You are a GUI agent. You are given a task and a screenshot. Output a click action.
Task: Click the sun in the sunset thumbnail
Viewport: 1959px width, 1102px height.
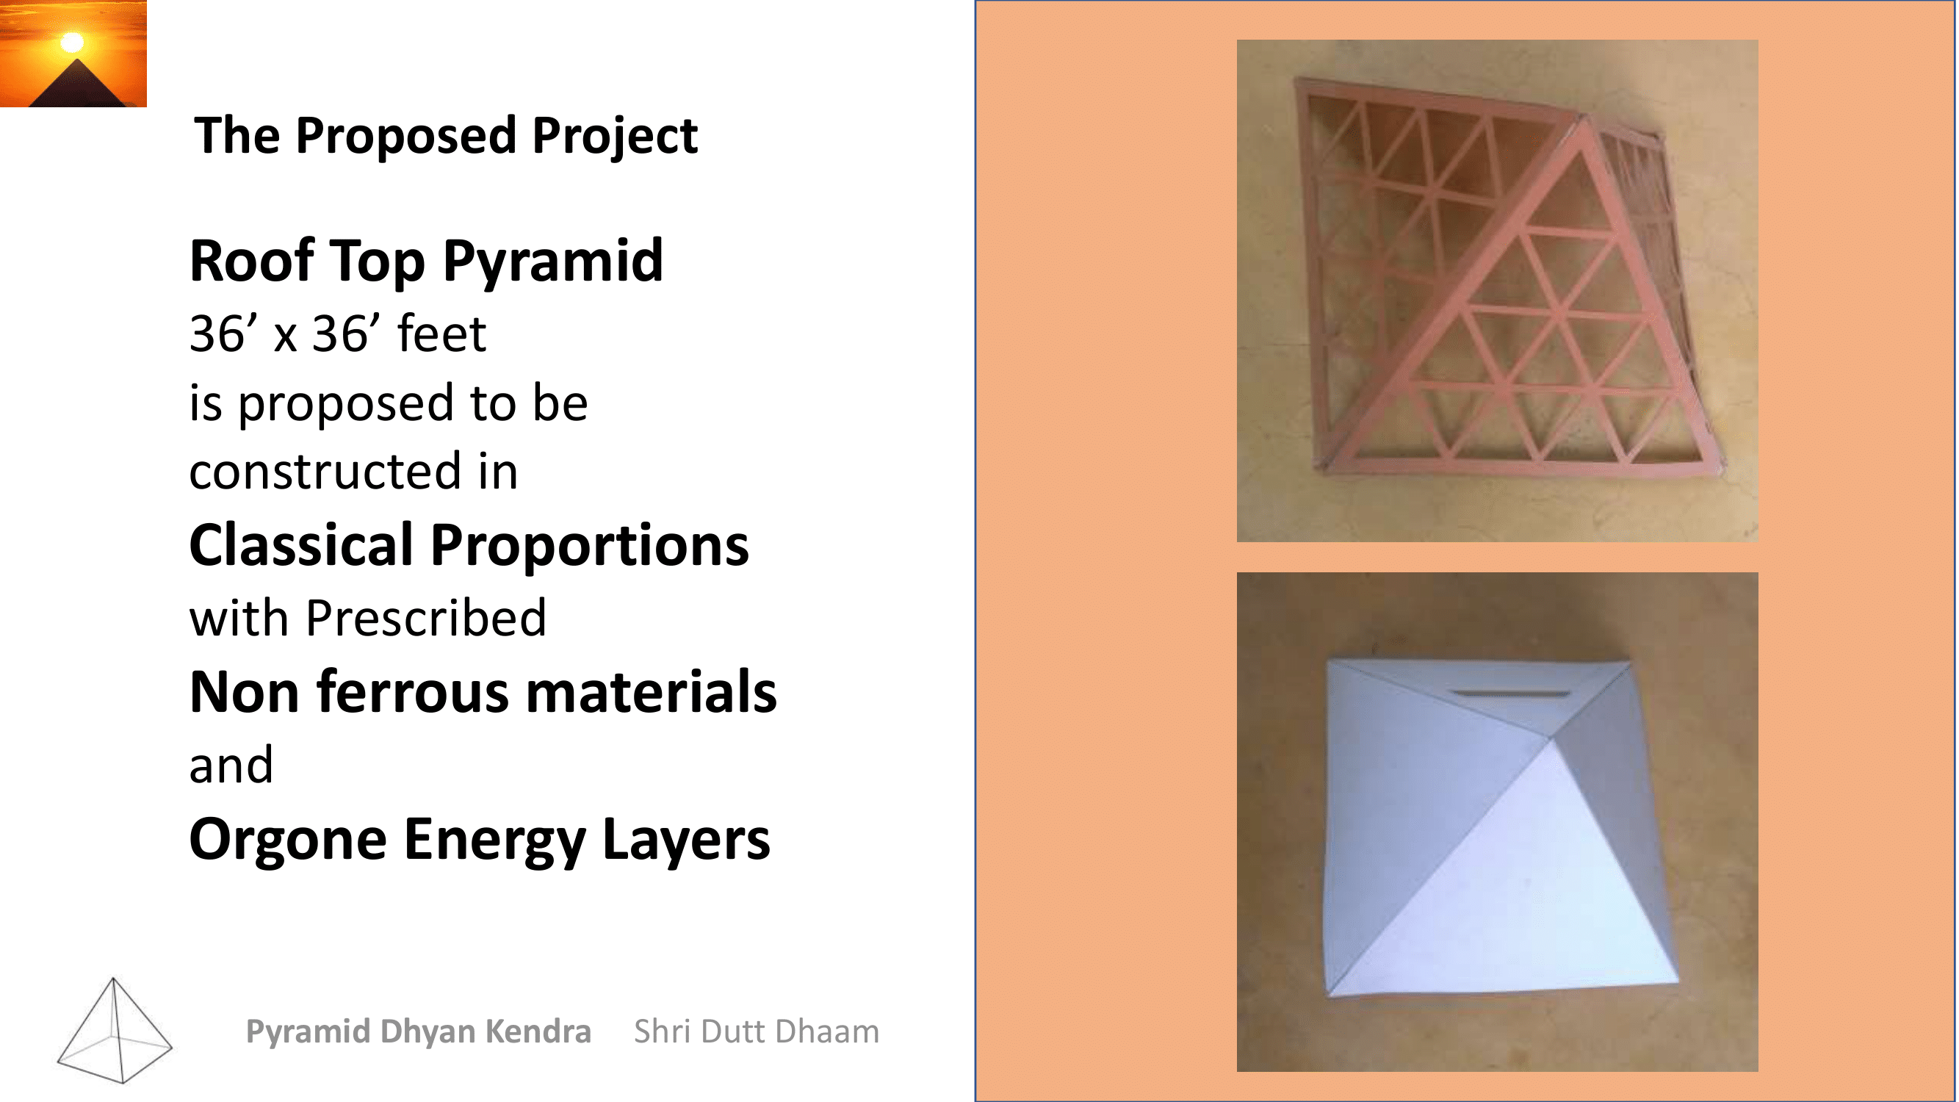coord(72,42)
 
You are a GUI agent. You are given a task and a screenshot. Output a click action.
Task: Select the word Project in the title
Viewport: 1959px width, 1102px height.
coord(615,137)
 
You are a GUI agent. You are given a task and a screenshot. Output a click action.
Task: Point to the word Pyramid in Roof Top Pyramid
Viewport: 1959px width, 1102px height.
coord(553,262)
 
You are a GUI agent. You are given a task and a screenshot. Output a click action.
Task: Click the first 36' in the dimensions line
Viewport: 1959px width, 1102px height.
coord(223,334)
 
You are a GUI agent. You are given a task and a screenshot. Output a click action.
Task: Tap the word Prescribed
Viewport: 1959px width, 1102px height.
coord(426,618)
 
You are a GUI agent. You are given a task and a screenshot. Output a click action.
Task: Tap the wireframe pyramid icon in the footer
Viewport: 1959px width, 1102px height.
coord(114,1030)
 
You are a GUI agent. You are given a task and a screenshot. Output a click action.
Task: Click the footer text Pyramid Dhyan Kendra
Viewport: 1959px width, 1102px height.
coord(418,1032)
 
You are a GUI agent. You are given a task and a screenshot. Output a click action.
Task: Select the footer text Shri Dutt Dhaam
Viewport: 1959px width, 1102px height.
coord(757,1031)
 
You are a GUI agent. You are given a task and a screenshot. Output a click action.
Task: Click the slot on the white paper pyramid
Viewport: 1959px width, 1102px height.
coord(1509,693)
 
